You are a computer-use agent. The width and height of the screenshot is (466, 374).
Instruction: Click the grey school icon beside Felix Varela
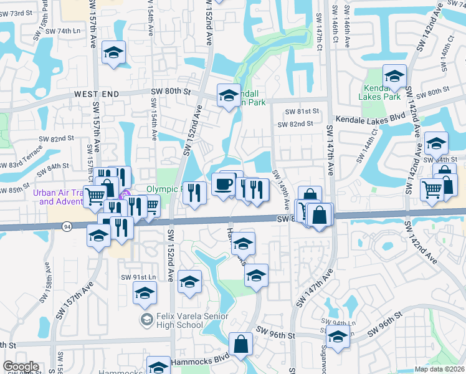click(146, 320)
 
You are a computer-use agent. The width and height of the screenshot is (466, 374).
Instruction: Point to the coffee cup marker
click(223, 184)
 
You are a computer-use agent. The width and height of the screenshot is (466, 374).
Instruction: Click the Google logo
click(21, 367)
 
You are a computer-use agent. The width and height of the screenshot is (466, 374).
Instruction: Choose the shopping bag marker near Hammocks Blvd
click(240, 344)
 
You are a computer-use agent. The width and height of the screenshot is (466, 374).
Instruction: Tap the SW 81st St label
click(302, 111)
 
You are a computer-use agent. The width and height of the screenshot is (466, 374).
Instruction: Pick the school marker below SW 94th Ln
click(338, 338)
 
